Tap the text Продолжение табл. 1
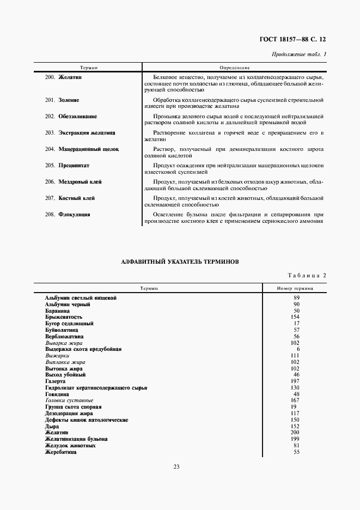click(298, 54)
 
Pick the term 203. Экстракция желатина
click(80, 133)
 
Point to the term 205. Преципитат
click(67, 165)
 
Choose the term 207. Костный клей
click(69, 198)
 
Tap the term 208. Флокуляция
click(68, 215)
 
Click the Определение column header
click(234, 68)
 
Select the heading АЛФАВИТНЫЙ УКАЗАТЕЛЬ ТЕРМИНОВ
click(180, 262)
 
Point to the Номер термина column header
click(295, 288)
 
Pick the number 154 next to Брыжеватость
click(296, 317)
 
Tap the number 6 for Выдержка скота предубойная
click(296, 349)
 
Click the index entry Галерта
click(56, 381)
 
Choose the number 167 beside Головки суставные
click(296, 400)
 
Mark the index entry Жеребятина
click(60, 452)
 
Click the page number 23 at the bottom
click(176, 466)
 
